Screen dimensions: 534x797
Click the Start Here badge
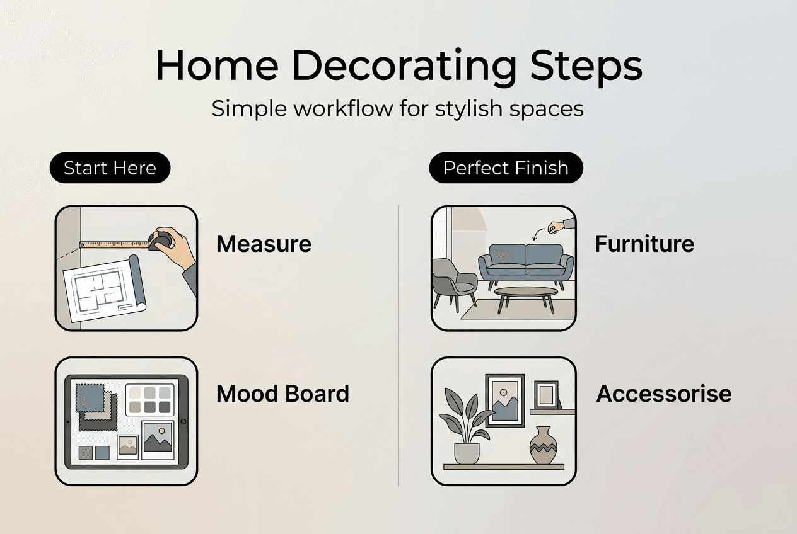pyautogui.click(x=110, y=168)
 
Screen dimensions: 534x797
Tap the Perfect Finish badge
pyautogui.click(x=506, y=168)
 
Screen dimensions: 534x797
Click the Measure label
pyautogui.click(x=264, y=244)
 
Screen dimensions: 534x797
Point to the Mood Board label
pyautogui.click(x=282, y=394)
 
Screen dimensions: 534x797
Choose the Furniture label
pyautogui.click(x=644, y=244)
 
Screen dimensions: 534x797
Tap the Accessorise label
pyautogui.click(x=664, y=394)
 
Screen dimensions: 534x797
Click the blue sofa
pyautogui.click(x=526, y=261)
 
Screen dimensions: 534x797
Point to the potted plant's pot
pyautogui.click(x=467, y=453)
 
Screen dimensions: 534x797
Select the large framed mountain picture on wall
pyautogui.click(x=504, y=401)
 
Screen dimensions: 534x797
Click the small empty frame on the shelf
pyautogui.click(x=546, y=395)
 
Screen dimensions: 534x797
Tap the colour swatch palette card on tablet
pyautogui.click(x=148, y=400)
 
